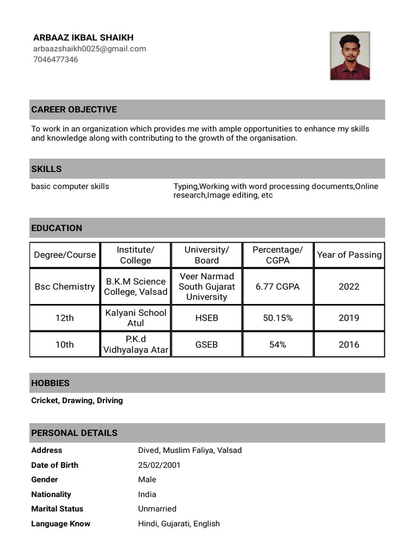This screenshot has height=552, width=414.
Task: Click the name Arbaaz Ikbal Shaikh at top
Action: pos(83,38)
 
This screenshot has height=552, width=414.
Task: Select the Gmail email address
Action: pos(89,49)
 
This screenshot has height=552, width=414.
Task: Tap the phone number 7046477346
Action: pos(56,59)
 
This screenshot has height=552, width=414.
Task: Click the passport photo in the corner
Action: pos(350,56)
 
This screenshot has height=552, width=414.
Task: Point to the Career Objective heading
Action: pos(74,109)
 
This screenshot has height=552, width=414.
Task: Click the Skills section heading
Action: pos(46,169)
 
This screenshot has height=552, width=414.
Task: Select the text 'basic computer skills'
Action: pos(70,187)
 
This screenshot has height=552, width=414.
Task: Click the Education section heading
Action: pos(57,228)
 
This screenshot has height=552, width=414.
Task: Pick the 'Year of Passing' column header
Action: pos(349,255)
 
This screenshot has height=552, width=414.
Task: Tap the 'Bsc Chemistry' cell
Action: pos(65,287)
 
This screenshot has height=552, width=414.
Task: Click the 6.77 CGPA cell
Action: pos(278,287)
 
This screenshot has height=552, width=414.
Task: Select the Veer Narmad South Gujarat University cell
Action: pos(206,287)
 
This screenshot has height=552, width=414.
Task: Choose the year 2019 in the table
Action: pos(349,318)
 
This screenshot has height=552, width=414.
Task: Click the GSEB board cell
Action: pos(206,344)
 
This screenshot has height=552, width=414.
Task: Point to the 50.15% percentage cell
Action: pos(278,318)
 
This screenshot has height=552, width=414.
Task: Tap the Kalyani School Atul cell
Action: pos(136,318)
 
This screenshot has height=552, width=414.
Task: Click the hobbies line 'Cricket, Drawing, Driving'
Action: pos(77,401)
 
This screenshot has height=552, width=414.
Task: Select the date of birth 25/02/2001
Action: pos(159,465)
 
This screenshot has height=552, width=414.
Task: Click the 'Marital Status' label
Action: pos(57,509)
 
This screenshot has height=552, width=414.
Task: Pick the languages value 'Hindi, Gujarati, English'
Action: pos(179,523)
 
